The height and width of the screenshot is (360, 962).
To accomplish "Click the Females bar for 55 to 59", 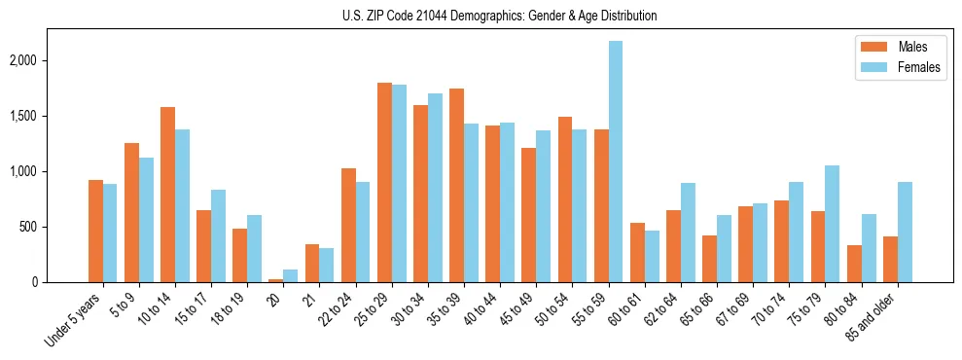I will [616, 162].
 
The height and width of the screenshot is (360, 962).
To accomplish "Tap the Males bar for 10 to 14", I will [167, 195].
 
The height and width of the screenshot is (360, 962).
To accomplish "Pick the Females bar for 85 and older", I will [905, 233].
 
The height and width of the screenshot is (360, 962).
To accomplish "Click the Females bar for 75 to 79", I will [833, 224].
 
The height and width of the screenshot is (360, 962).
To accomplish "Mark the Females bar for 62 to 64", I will [688, 233].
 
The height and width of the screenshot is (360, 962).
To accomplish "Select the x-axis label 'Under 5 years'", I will [74, 315].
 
